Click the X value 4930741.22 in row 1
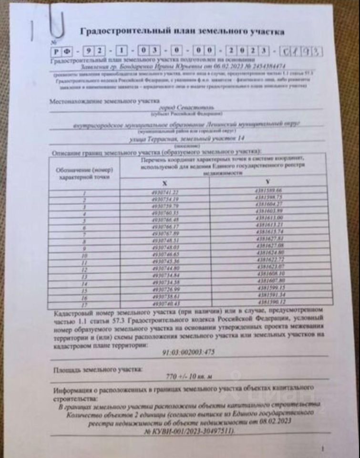tap(165, 192)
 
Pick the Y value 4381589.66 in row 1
tap(269, 190)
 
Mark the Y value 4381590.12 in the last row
tap(271, 302)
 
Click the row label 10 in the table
tap(84, 255)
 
